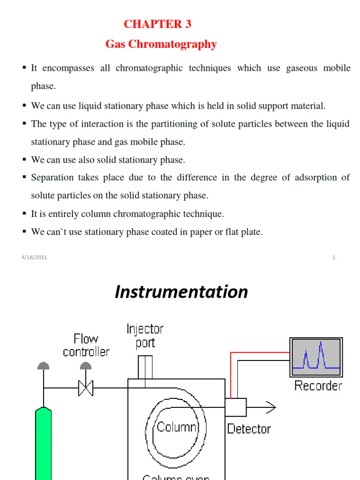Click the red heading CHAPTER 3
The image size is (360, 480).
point(157,24)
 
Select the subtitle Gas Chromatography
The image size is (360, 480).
point(161,45)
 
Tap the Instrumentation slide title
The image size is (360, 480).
point(181,292)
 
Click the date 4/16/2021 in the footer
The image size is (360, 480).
point(34,257)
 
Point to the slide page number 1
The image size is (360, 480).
point(334,257)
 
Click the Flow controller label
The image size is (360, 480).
point(86,345)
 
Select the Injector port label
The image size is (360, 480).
point(145,336)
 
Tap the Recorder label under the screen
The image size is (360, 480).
point(318,386)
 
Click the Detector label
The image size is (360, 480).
point(249,428)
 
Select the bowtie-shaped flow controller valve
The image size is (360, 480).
point(85,388)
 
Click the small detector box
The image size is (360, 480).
point(235,407)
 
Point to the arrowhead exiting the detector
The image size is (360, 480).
point(271,407)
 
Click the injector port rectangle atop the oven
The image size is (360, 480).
point(145,367)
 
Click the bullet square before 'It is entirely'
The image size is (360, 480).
point(24,214)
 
